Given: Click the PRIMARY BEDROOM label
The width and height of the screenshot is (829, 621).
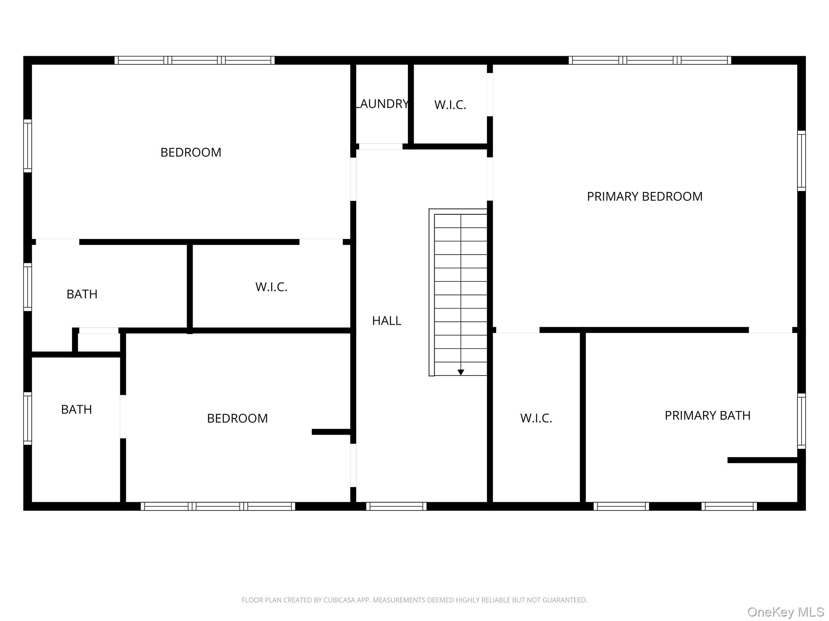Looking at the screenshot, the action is pos(644,196).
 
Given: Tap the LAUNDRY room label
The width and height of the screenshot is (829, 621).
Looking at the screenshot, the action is pos(382,104).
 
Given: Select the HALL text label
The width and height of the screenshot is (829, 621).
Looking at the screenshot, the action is pos(387,321).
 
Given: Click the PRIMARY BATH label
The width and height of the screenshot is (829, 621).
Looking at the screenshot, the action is pos(708,416).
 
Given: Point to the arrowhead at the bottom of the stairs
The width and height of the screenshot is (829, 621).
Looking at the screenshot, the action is pos(461,372).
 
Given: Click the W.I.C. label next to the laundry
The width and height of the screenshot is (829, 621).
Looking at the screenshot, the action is pos(450,105).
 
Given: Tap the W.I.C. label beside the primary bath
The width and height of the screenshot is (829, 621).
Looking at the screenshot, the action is pos(536,418).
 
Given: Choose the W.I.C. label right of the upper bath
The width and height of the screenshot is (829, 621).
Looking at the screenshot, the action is pos(271,287).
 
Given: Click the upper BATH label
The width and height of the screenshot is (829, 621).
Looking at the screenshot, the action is pos(82,294).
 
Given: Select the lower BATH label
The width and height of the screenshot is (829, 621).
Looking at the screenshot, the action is pos(77,410).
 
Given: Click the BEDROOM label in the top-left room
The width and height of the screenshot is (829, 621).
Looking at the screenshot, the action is pos(191,152).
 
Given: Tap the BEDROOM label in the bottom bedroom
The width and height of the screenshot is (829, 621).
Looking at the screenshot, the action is pos(237,418).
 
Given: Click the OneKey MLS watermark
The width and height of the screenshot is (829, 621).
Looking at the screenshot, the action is pos(786,612).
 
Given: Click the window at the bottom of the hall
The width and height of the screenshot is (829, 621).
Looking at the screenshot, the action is pos(396,506).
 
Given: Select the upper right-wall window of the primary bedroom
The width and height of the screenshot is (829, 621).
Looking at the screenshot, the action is pos(801,161).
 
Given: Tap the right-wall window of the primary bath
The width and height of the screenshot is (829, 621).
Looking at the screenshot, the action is pos(801,421).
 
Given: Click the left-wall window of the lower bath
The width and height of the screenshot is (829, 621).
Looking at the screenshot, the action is pos(28,418).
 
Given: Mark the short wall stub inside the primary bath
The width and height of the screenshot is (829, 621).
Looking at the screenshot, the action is pos(763,460).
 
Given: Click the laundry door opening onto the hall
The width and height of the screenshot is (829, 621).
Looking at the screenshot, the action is pos(380,146).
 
